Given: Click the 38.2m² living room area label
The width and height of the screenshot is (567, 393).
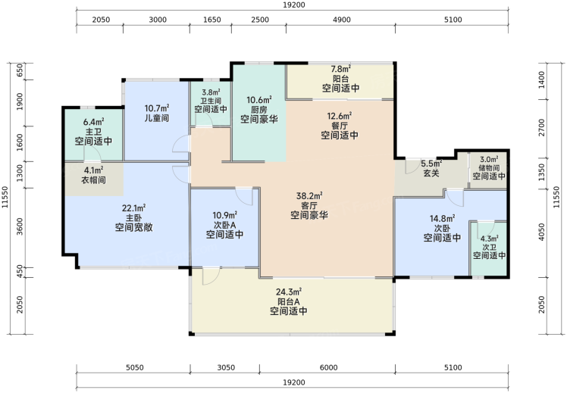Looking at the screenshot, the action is point(309,196).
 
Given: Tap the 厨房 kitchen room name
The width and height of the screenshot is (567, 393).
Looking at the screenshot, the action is point(259,109).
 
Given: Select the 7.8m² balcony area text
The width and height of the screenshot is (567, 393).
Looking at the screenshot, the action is point(340,69).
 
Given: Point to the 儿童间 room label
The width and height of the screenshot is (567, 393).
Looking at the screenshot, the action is point(157,118).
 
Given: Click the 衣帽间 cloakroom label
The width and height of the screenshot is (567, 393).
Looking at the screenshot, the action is point(94,179).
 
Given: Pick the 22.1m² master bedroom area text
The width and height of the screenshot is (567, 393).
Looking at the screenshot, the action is point(134,208).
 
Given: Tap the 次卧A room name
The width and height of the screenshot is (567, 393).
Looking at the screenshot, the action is point(224,225).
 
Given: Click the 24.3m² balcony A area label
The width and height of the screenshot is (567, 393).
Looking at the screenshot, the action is point(289,292).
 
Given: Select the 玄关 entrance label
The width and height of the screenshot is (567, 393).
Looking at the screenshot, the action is point(431,173).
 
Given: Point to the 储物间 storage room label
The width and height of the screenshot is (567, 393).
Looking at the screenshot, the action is point(489,167).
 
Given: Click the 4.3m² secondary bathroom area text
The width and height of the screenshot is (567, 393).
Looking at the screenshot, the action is point(489,239).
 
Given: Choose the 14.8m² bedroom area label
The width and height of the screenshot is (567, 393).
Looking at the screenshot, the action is point(442,219).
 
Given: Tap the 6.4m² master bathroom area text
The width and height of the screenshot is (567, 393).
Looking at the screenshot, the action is point(94,122).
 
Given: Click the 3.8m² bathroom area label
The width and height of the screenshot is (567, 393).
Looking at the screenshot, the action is point(211,92).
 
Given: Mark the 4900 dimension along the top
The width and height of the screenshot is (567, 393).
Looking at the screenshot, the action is point(341,20).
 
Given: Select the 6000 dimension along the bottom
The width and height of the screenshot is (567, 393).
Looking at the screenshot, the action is point(328,368).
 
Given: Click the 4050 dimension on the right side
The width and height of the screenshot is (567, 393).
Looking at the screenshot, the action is point(541,232).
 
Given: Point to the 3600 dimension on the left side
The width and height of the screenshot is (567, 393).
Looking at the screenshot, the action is point(20,226).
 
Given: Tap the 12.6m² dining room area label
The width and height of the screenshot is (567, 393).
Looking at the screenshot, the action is point(340,117).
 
